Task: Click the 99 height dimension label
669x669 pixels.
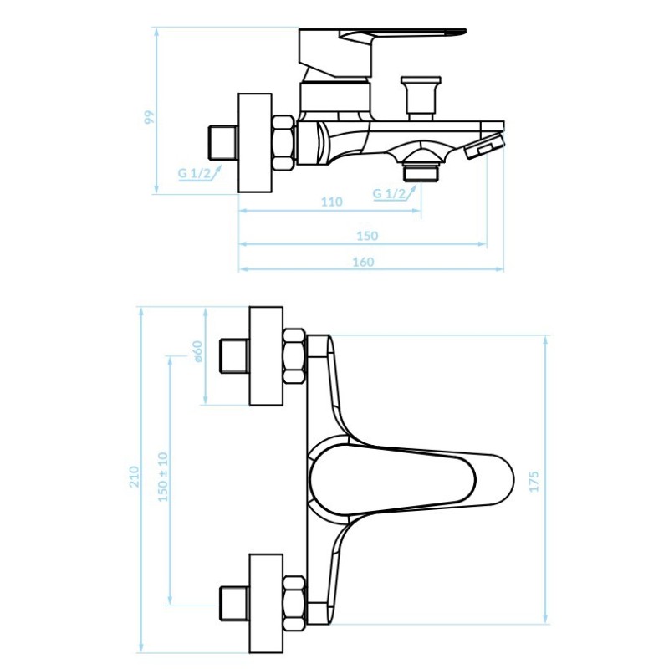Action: click(149, 117)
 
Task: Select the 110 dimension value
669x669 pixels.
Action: click(331, 202)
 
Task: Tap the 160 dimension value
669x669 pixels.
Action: click(363, 262)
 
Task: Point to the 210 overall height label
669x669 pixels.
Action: click(134, 477)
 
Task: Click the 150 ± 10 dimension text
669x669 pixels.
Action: click(163, 477)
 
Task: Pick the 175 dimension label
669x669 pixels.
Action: click(534, 482)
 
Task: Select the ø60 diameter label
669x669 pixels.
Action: click(197, 351)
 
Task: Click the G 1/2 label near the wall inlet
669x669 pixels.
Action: click(194, 173)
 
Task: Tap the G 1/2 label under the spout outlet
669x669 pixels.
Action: click(389, 193)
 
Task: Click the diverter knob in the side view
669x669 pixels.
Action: click(421, 98)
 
